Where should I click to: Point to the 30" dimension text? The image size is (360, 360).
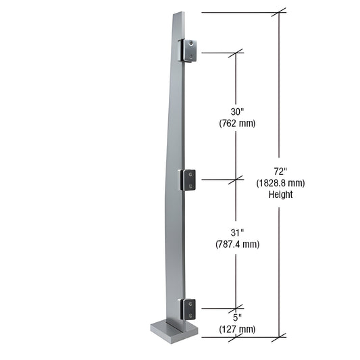click(x=236, y=112)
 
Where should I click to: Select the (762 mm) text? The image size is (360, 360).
click(x=236, y=124)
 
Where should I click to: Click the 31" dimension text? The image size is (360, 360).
click(x=236, y=232)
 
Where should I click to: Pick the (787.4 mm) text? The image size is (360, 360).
click(x=236, y=244)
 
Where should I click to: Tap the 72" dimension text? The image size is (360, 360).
click(x=280, y=171)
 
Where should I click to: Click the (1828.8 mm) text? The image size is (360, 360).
click(x=280, y=182)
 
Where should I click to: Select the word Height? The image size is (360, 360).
click(x=280, y=195)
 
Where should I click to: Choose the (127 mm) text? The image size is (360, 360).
click(x=236, y=330)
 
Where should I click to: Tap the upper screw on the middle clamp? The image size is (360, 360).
click(x=192, y=176)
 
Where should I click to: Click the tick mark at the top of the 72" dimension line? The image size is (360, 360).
click(x=280, y=12)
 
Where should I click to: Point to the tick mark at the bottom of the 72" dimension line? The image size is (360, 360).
click(x=280, y=336)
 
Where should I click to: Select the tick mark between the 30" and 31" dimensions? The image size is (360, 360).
click(x=236, y=180)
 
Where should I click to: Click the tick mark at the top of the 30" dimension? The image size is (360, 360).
click(x=236, y=52)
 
